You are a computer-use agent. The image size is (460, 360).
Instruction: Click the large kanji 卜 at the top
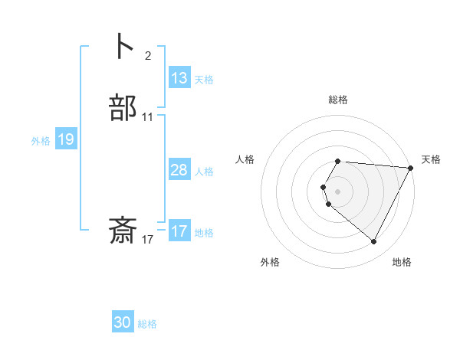pyautogui.click(x=123, y=46)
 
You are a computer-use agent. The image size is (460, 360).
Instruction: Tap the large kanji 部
pyautogui.click(x=123, y=108)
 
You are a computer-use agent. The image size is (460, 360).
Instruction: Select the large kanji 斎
pyautogui.click(x=123, y=231)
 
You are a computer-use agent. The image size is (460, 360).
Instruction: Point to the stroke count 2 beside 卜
pyautogui.click(x=147, y=55)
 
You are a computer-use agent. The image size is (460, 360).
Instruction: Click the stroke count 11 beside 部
pyautogui.click(x=148, y=117)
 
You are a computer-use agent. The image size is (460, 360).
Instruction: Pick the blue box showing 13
pyautogui.click(x=179, y=78)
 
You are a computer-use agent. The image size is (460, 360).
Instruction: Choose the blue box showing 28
pyautogui.click(x=179, y=170)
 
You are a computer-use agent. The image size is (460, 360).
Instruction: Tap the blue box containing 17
pyautogui.click(x=179, y=231)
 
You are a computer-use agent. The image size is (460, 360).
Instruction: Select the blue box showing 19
pyautogui.click(x=66, y=139)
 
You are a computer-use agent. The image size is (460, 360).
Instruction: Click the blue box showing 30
pyautogui.click(x=123, y=322)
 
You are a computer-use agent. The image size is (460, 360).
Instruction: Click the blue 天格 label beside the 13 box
pyautogui.click(x=204, y=80)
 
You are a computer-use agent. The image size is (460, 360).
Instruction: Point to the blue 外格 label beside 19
pyautogui.click(x=41, y=141)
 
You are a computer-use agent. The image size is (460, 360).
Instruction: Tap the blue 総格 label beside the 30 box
pyautogui.click(x=147, y=324)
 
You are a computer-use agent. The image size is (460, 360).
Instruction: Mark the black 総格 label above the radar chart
pyautogui.click(x=338, y=100)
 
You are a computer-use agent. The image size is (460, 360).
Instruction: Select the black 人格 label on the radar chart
pyautogui.click(x=245, y=159)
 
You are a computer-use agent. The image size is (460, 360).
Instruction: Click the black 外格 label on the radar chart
pyautogui.click(x=270, y=262)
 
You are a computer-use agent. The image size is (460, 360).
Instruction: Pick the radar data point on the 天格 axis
pyautogui.click(x=410, y=168)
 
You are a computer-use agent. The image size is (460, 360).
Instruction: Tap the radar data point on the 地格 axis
pyautogui.click(x=374, y=242)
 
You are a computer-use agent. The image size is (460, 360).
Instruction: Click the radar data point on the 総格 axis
pyautogui.click(x=338, y=161)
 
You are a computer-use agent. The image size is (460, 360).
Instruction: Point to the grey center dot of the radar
pyautogui.click(x=338, y=191)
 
